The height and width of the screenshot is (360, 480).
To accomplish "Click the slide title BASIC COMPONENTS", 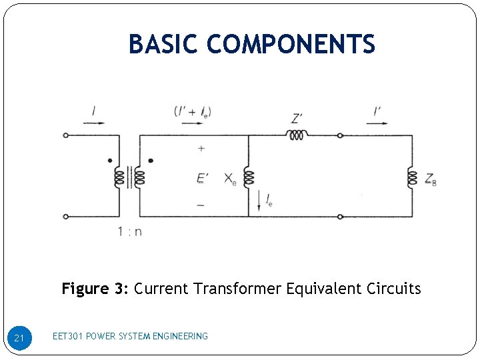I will click(252, 45).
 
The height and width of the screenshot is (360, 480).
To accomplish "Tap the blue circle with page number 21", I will click(19, 339).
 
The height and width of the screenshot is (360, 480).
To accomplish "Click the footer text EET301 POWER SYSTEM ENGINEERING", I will click(130, 336).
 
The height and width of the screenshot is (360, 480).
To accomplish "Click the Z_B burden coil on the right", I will click(412, 178).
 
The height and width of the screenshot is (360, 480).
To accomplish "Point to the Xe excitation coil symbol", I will click(249, 177).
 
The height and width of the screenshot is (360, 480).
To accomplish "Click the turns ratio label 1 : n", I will click(129, 232).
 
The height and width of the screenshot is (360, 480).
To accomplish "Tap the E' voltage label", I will click(202, 178).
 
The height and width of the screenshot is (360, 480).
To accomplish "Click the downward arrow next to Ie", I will click(258, 198).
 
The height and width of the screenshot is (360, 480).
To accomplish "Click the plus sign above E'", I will click(201, 149).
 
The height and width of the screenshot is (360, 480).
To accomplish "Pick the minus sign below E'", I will click(201, 205).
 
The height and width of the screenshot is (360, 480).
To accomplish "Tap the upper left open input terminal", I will click(65, 135).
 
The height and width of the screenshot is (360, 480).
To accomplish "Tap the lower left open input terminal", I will click(65, 217).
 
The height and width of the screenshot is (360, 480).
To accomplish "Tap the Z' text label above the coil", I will click(298, 119).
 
